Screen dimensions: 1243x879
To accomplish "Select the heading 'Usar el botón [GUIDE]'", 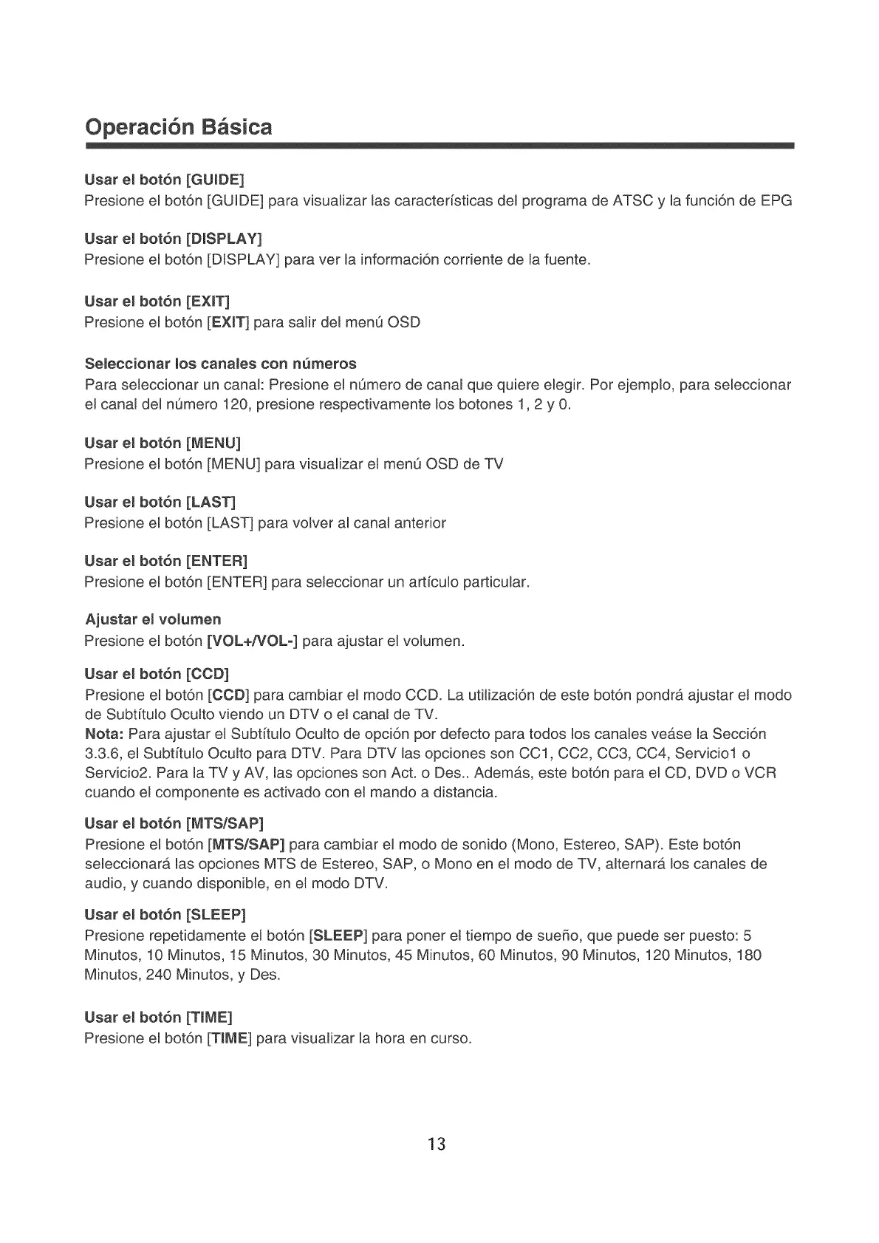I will point(164,180).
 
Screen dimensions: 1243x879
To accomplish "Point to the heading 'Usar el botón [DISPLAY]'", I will point(174,239).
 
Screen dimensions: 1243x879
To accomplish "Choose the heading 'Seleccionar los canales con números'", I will point(221,364).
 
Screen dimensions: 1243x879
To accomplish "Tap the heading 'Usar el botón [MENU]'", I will point(163,443).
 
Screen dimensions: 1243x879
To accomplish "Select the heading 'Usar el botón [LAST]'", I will point(160,502).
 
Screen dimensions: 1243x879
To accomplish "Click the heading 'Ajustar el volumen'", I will point(153,619).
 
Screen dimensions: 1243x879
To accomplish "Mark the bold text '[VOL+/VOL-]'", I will point(253,641).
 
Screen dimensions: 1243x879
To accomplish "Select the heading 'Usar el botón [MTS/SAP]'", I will point(174,823).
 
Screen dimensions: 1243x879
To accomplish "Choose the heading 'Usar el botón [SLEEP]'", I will point(165,915).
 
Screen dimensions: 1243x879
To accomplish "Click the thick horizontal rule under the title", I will point(439,147).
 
